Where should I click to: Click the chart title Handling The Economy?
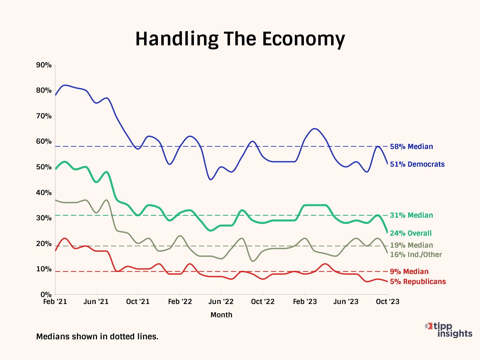(x=240, y=39)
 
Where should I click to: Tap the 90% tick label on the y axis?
(x=44, y=65)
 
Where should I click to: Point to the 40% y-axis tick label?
(x=44, y=193)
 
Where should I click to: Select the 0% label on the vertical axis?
(x=46, y=295)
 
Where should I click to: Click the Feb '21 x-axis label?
(x=55, y=302)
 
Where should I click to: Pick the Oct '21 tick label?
(x=138, y=302)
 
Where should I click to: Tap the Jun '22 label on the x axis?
(x=221, y=302)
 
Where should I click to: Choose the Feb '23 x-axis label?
(x=305, y=302)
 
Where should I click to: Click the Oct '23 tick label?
(x=387, y=302)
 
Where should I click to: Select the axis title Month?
(x=221, y=315)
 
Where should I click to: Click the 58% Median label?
(x=411, y=147)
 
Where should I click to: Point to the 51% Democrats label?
(x=417, y=164)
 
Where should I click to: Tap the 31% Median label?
(x=411, y=215)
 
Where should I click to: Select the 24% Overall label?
(x=411, y=233)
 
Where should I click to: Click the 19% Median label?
(x=411, y=245)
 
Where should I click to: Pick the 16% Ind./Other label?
(x=416, y=255)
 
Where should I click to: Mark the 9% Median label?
(x=409, y=272)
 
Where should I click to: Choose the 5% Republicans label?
(x=418, y=282)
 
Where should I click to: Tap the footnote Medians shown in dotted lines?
(x=97, y=337)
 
